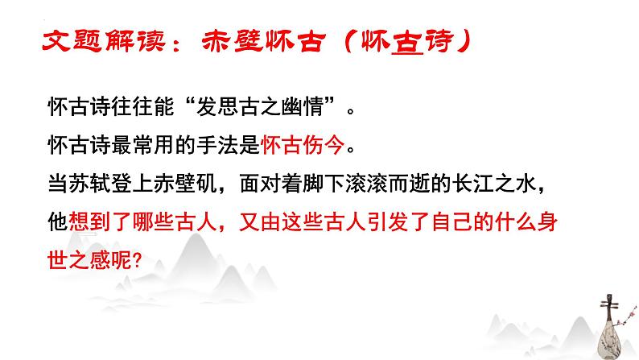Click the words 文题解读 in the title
(x=90, y=42)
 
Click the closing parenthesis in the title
(x=460, y=42)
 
